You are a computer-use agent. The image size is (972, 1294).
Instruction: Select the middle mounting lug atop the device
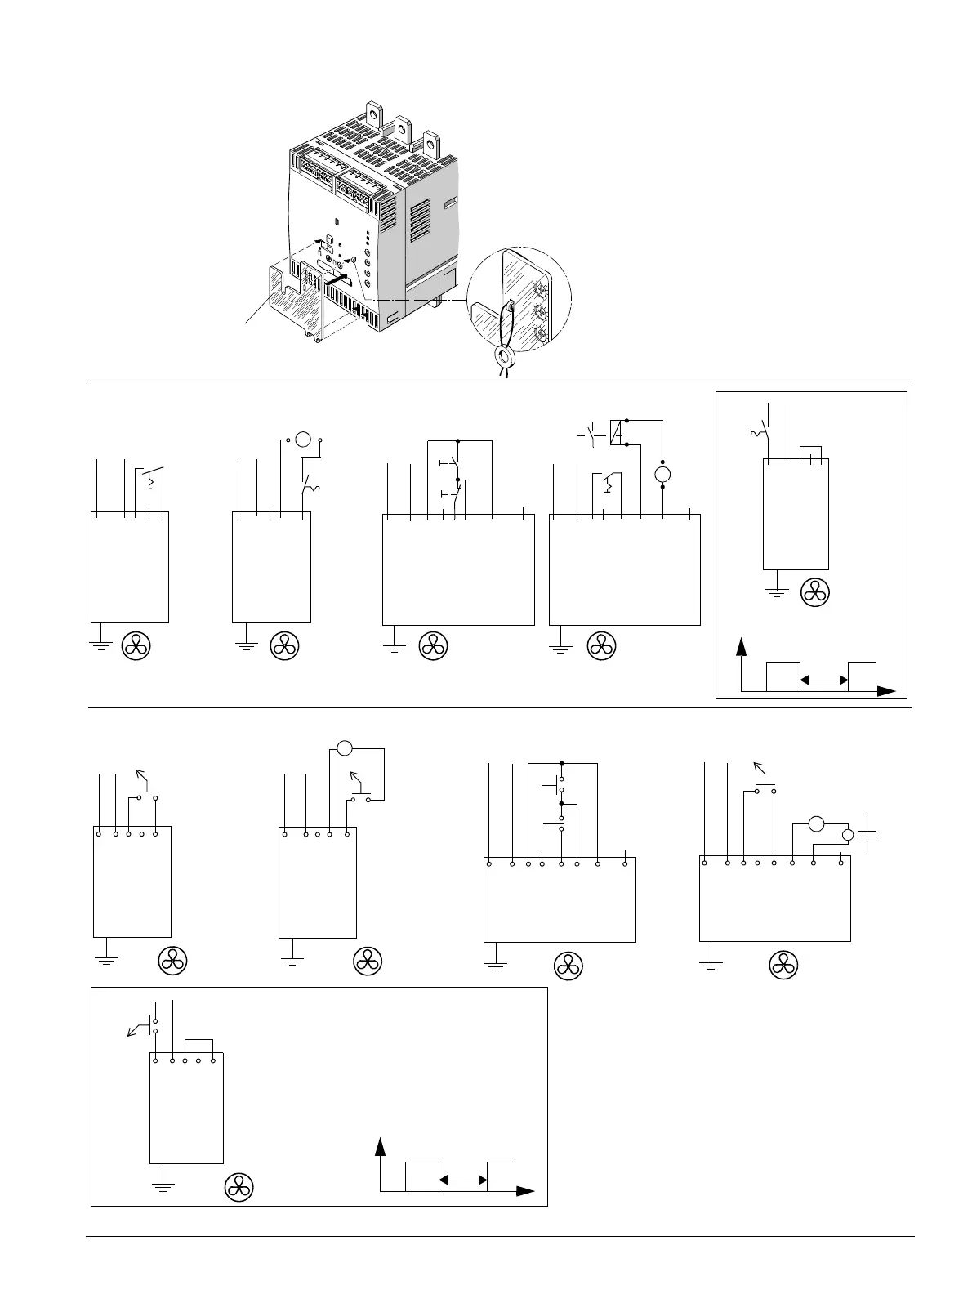pyautogui.click(x=402, y=128)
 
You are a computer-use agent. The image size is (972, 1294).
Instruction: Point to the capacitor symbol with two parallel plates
pyautogui.click(x=868, y=835)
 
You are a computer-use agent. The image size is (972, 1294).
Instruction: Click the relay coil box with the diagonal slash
pyautogui.click(x=618, y=433)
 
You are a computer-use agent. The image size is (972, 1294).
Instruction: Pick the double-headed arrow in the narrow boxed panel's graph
pyautogui.click(x=823, y=680)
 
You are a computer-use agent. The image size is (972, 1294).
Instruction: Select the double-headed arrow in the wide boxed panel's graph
pyautogui.click(x=463, y=1179)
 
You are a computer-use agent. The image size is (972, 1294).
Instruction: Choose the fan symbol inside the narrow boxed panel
pyautogui.click(x=815, y=592)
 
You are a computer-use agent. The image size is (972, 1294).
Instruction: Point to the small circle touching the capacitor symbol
pyautogui.click(x=848, y=835)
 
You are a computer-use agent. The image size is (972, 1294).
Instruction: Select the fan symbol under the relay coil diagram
pyautogui.click(x=601, y=646)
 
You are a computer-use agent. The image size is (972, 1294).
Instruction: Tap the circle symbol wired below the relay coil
pyautogui.click(x=662, y=475)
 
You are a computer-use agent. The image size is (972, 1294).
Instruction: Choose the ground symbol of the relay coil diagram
pyautogui.click(x=560, y=647)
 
